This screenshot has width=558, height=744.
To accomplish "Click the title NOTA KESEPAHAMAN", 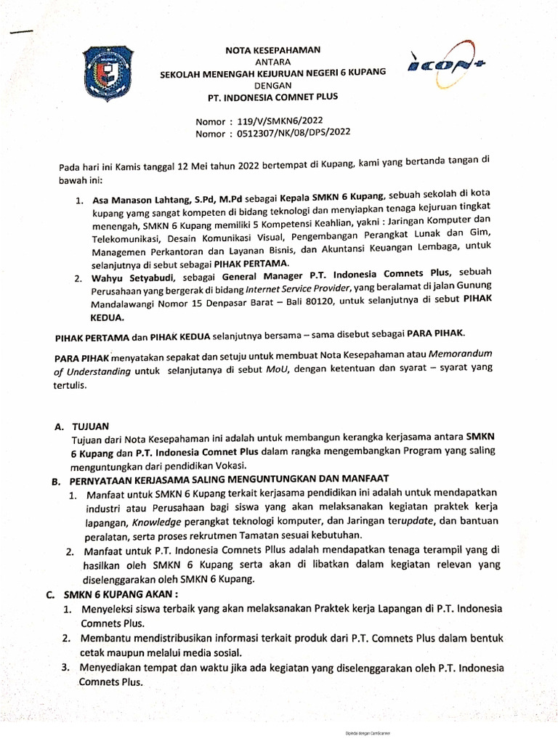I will (270, 49).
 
